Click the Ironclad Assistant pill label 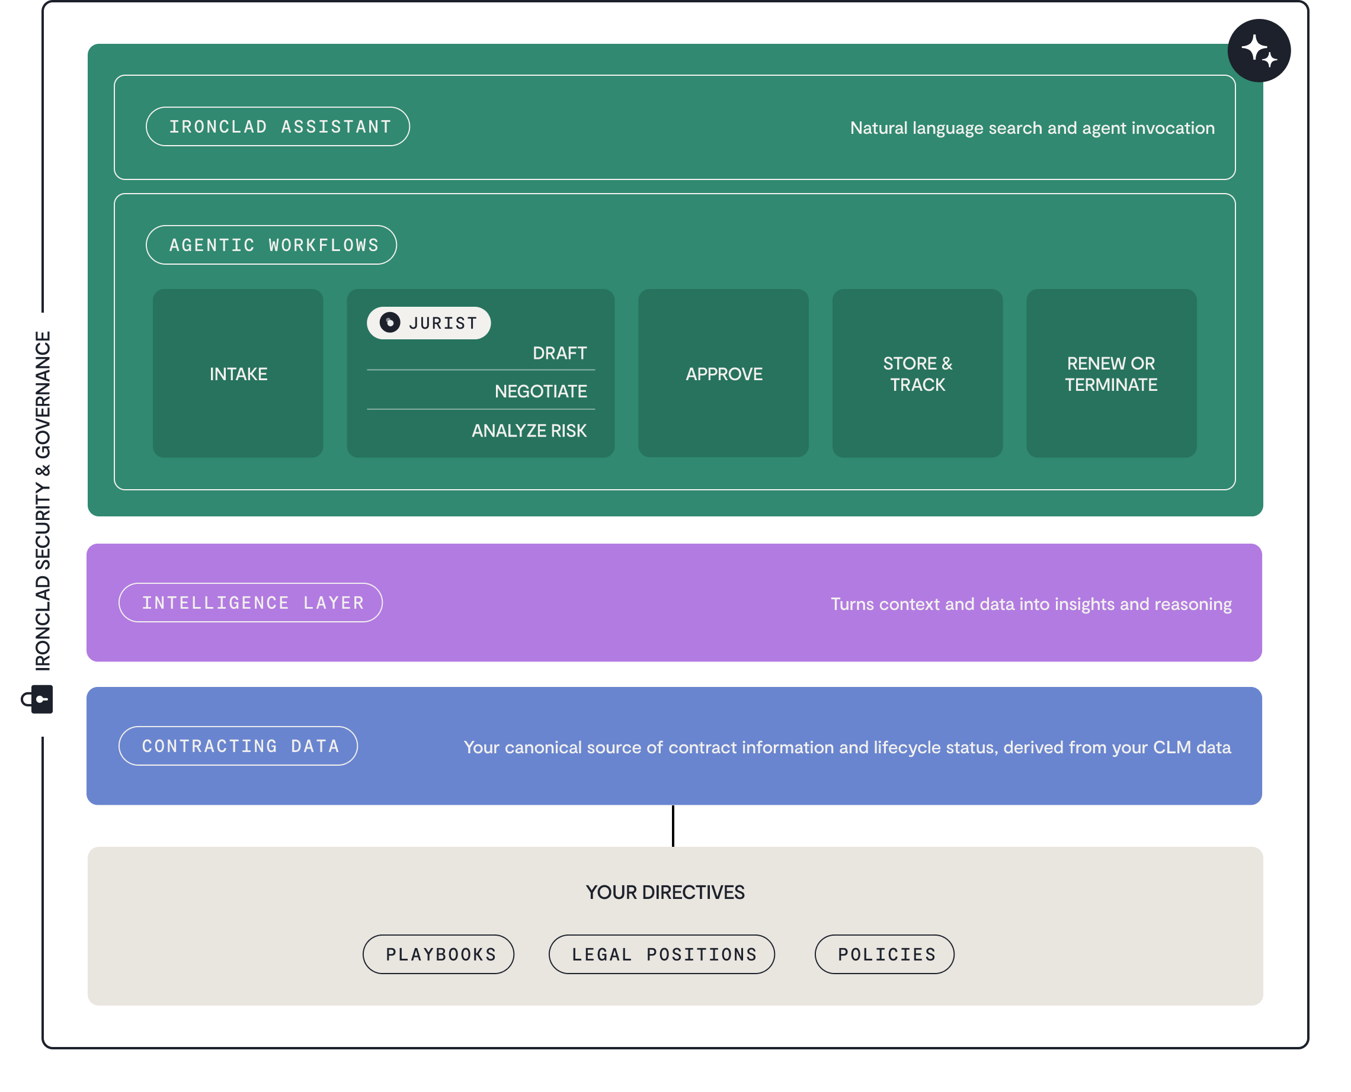click(x=277, y=127)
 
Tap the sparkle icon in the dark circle click(x=1259, y=50)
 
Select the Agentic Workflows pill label click(x=271, y=245)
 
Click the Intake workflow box click(x=238, y=374)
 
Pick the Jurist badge click(x=428, y=323)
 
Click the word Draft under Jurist click(x=559, y=353)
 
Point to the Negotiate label click(x=540, y=391)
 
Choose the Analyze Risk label click(x=529, y=431)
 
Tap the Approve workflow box click(x=723, y=374)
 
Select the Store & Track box click(x=917, y=374)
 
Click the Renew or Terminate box click(x=1110, y=374)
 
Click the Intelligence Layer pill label click(x=251, y=603)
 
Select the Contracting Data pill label click(x=238, y=746)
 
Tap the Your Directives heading click(x=664, y=892)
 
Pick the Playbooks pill click(x=438, y=954)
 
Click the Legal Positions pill click(x=661, y=954)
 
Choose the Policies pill click(x=884, y=954)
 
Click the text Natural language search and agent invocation click(x=1032, y=128)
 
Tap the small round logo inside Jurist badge click(x=389, y=323)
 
